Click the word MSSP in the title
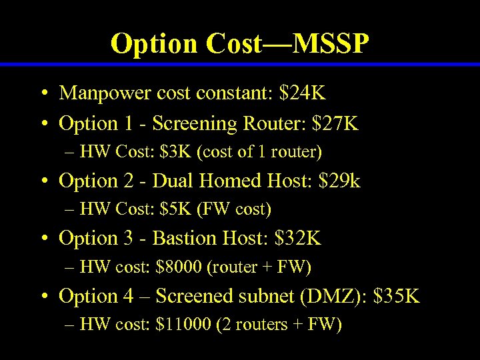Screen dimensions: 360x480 pos(331,44)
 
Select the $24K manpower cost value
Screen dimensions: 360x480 pos(303,93)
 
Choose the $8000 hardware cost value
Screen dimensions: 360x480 pos(179,267)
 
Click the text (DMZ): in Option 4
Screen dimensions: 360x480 pos(335,295)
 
